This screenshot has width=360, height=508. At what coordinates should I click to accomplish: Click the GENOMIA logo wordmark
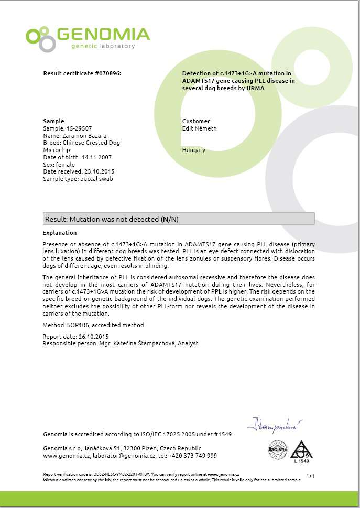pyautogui.click(x=103, y=35)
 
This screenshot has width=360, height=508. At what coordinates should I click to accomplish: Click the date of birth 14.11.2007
pyautogui.click(x=96, y=157)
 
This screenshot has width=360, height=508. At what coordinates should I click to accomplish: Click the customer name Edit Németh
pyautogui.click(x=199, y=128)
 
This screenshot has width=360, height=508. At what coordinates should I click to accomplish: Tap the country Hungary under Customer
pyautogui.click(x=193, y=150)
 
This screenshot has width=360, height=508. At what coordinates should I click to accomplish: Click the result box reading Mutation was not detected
pyautogui.click(x=178, y=219)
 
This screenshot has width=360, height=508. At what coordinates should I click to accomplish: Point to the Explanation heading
pyautogui.click(x=59, y=233)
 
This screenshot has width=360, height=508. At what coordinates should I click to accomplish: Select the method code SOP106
pyautogui.click(x=78, y=325)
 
